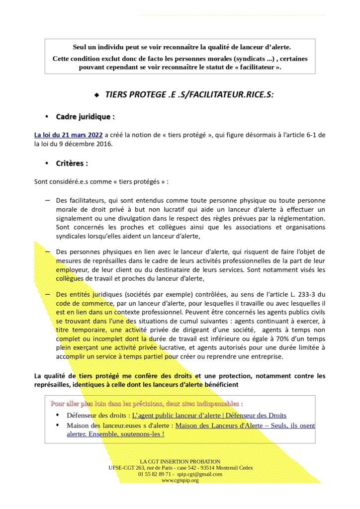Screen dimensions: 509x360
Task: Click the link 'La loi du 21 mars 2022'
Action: [x=69, y=135]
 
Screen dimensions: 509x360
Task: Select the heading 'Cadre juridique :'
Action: [x=85, y=117]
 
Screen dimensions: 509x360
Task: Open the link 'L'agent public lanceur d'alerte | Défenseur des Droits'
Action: [x=209, y=415]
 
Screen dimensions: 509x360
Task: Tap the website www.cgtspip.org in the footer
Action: [x=180, y=481]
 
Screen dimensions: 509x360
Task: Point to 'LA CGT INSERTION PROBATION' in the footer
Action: [x=180, y=461]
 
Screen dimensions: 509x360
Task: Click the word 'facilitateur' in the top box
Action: [x=255, y=67]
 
